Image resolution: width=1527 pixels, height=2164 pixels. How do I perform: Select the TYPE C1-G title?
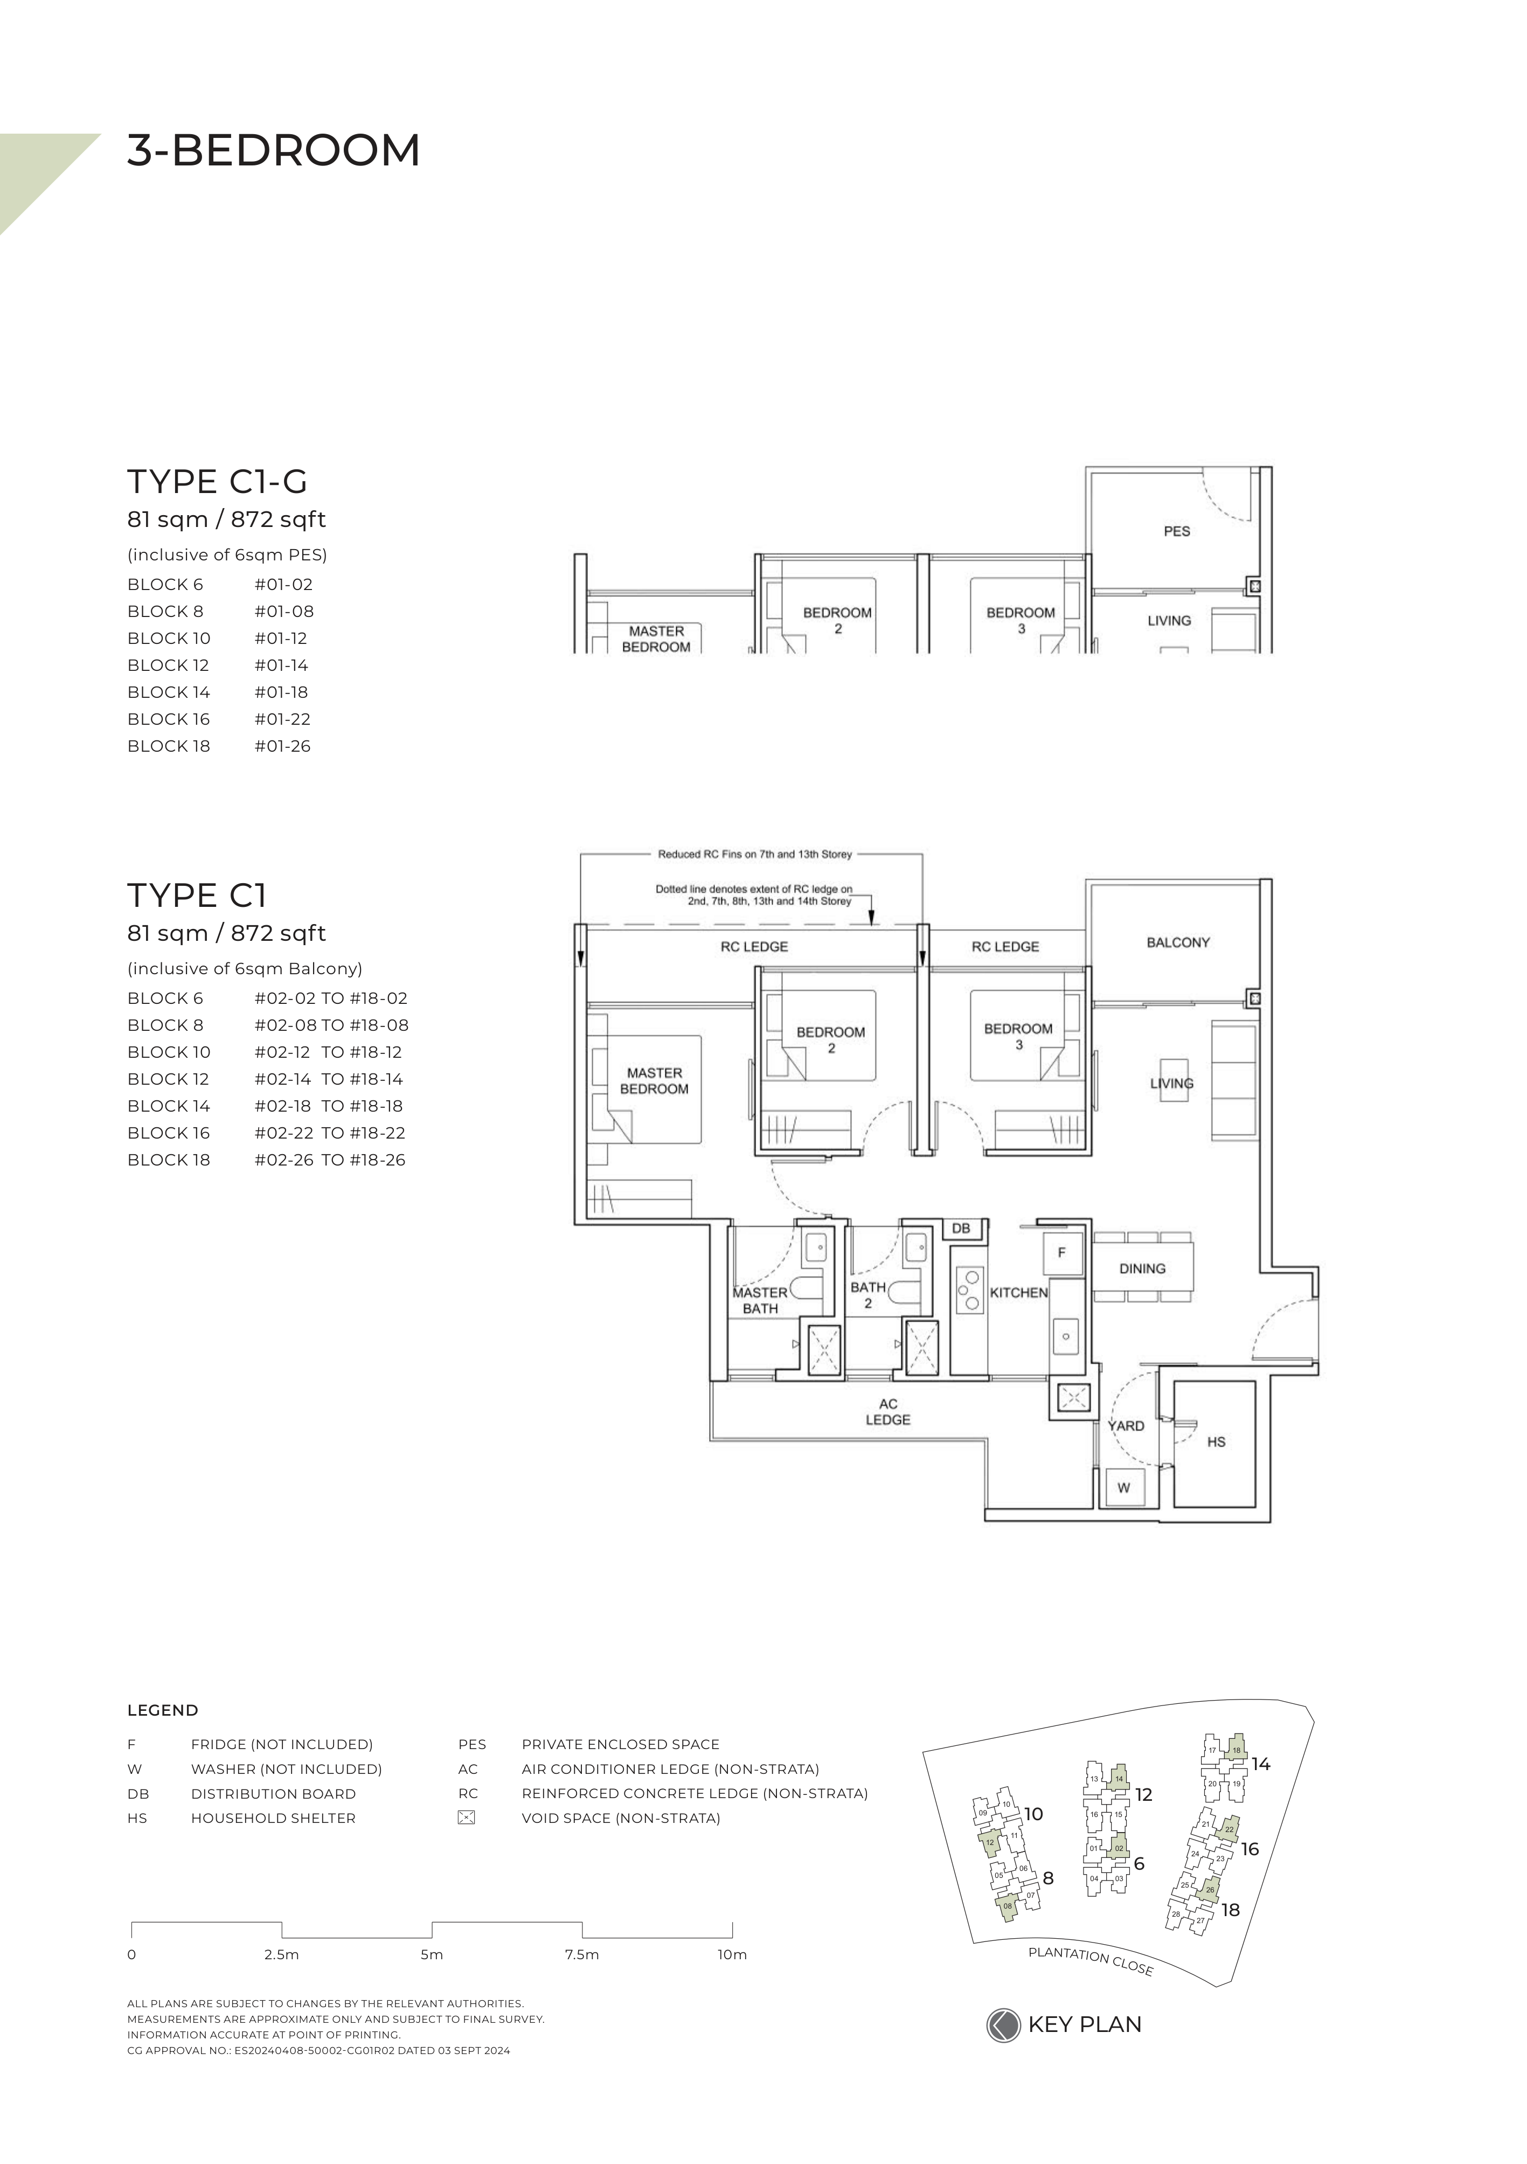click(218, 482)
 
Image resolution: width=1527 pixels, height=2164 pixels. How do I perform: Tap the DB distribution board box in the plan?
click(961, 1228)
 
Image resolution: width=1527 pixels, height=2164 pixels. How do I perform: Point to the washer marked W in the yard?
click(1123, 1488)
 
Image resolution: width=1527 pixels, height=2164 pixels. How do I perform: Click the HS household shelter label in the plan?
click(1216, 1442)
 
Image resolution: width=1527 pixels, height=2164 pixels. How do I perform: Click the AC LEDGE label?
click(888, 1412)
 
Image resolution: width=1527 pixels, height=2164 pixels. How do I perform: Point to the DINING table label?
click(1142, 1268)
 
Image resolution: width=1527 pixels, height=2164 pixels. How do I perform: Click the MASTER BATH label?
click(760, 1301)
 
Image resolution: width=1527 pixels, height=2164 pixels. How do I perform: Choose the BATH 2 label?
click(868, 1295)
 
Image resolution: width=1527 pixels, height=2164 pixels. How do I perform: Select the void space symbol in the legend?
click(466, 1818)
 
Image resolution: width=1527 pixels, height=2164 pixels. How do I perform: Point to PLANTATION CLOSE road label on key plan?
click(1091, 1961)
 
